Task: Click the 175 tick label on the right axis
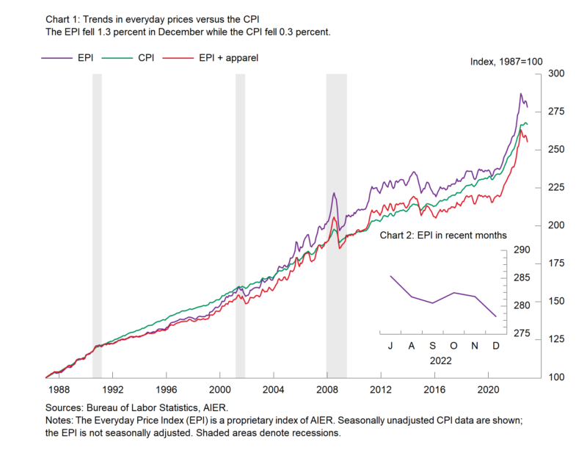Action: tap(556, 264)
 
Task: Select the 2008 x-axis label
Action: tap(327, 389)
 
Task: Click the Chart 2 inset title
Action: tap(443, 235)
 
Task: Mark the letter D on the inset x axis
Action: tap(496, 346)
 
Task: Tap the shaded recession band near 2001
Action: tap(240, 220)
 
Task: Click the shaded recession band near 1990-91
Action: tap(97, 220)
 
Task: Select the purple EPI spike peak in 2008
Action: tap(334, 193)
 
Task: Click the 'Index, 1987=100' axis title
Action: tap(506, 62)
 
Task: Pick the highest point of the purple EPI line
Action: tap(521, 94)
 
